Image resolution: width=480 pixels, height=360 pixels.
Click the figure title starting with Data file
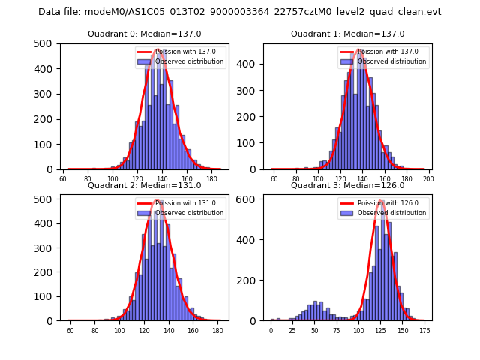point(239,12)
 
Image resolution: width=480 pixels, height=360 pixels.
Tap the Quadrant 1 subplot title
point(347,34)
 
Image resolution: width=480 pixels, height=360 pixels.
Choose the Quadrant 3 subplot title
point(347,185)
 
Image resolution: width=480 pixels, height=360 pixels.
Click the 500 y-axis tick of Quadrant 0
point(46,43)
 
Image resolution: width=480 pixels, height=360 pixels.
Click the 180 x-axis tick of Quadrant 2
point(217,330)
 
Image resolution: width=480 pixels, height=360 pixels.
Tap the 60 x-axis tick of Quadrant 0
point(63,179)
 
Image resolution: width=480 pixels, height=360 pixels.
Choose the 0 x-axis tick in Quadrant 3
point(271,330)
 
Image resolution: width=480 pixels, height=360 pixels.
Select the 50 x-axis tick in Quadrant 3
point(315,330)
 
